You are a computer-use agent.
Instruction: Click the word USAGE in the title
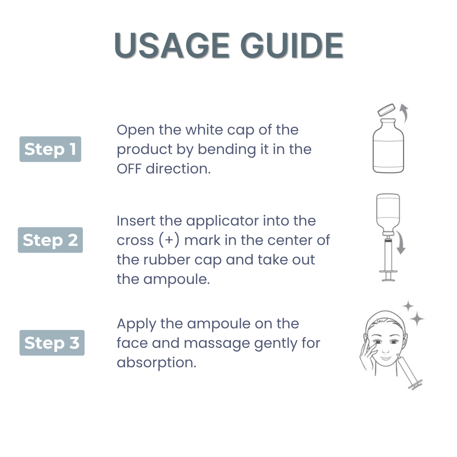tap(172, 45)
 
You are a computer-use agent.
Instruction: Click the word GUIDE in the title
tap(292, 45)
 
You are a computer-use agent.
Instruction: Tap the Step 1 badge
tap(50, 149)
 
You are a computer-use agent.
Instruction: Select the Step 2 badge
tap(50, 240)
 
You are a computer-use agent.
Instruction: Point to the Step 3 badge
tap(52, 342)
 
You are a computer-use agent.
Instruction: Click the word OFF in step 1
tap(129, 169)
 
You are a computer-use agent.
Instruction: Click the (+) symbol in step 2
tap(169, 240)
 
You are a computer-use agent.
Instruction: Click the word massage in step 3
tap(217, 344)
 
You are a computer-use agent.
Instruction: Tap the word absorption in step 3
tap(157, 363)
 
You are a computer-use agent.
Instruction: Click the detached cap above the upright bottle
tap(386, 110)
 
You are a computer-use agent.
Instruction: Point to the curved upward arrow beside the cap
tap(404, 113)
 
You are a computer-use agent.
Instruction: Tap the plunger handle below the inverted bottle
tap(388, 276)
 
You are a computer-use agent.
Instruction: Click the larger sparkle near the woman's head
tap(417, 319)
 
